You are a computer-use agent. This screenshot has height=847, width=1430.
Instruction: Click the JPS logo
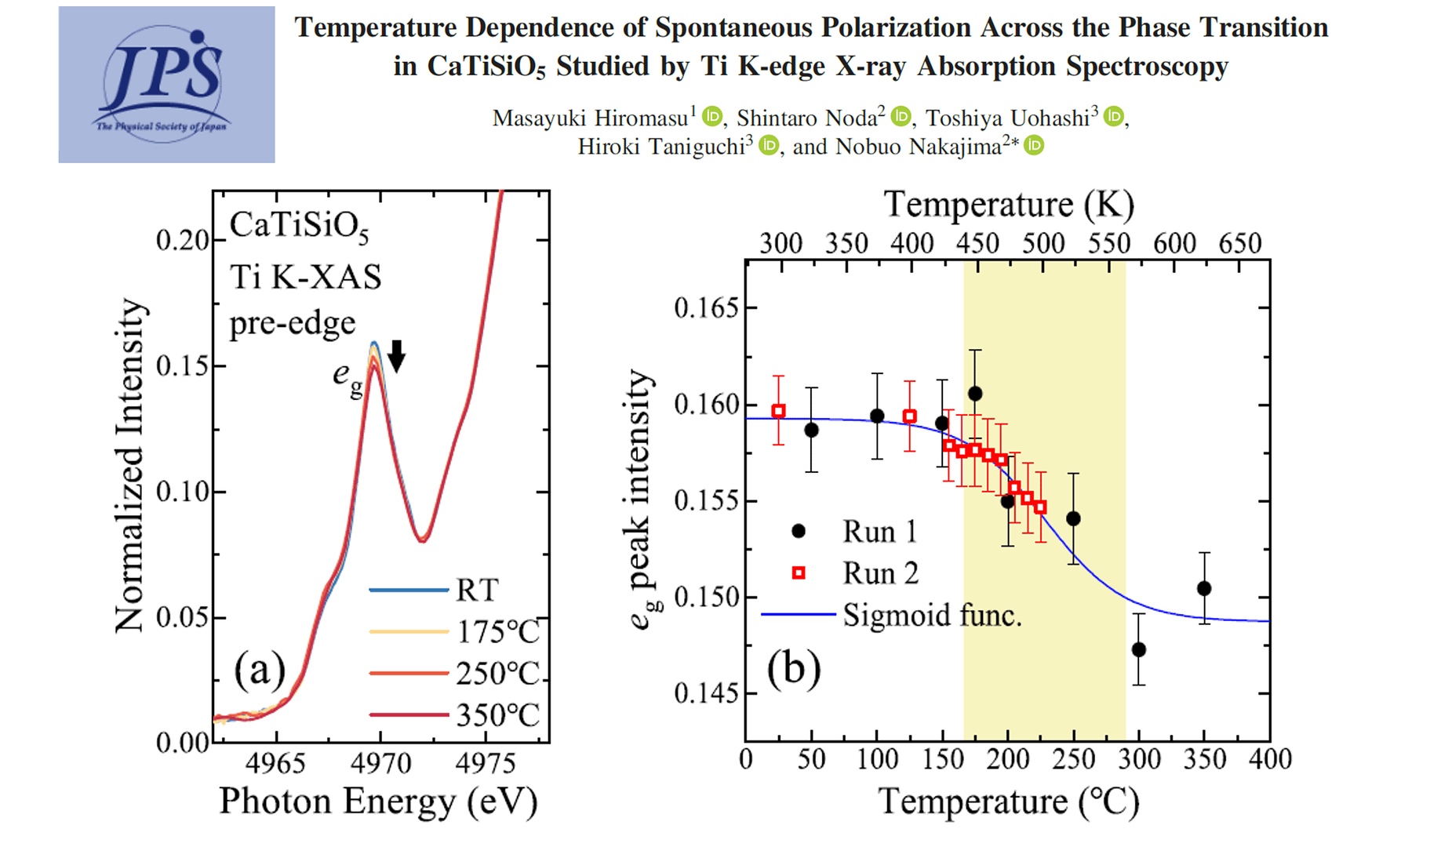[166, 84]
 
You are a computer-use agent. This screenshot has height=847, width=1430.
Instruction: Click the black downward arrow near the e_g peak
[397, 356]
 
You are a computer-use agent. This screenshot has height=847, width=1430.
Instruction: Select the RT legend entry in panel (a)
[476, 590]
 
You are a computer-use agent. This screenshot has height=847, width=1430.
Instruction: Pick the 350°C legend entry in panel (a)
[497, 715]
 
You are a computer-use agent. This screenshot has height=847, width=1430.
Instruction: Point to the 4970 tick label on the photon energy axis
[380, 763]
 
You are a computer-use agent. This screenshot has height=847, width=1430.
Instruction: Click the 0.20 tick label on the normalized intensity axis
[182, 241]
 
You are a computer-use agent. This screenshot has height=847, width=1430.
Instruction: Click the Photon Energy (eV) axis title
[378, 802]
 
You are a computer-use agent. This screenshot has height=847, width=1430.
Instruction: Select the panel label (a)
[260, 671]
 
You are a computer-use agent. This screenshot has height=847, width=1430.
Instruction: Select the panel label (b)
[794, 670]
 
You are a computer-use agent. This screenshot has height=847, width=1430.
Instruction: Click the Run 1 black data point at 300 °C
[1139, 649]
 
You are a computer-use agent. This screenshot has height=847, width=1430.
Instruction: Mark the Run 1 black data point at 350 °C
[1204, 588]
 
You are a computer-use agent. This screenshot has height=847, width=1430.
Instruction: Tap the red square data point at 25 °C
[778, 411]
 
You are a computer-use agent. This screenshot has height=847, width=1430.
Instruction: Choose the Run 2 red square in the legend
[799, 573]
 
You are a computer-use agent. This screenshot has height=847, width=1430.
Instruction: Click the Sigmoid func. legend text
[932, 615]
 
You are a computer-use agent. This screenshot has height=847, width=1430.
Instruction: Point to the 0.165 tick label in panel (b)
[706, 308]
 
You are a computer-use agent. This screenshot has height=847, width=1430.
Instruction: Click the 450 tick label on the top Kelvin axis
[977, 243]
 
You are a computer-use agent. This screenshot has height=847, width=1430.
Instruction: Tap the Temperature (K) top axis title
[1009, 205]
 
